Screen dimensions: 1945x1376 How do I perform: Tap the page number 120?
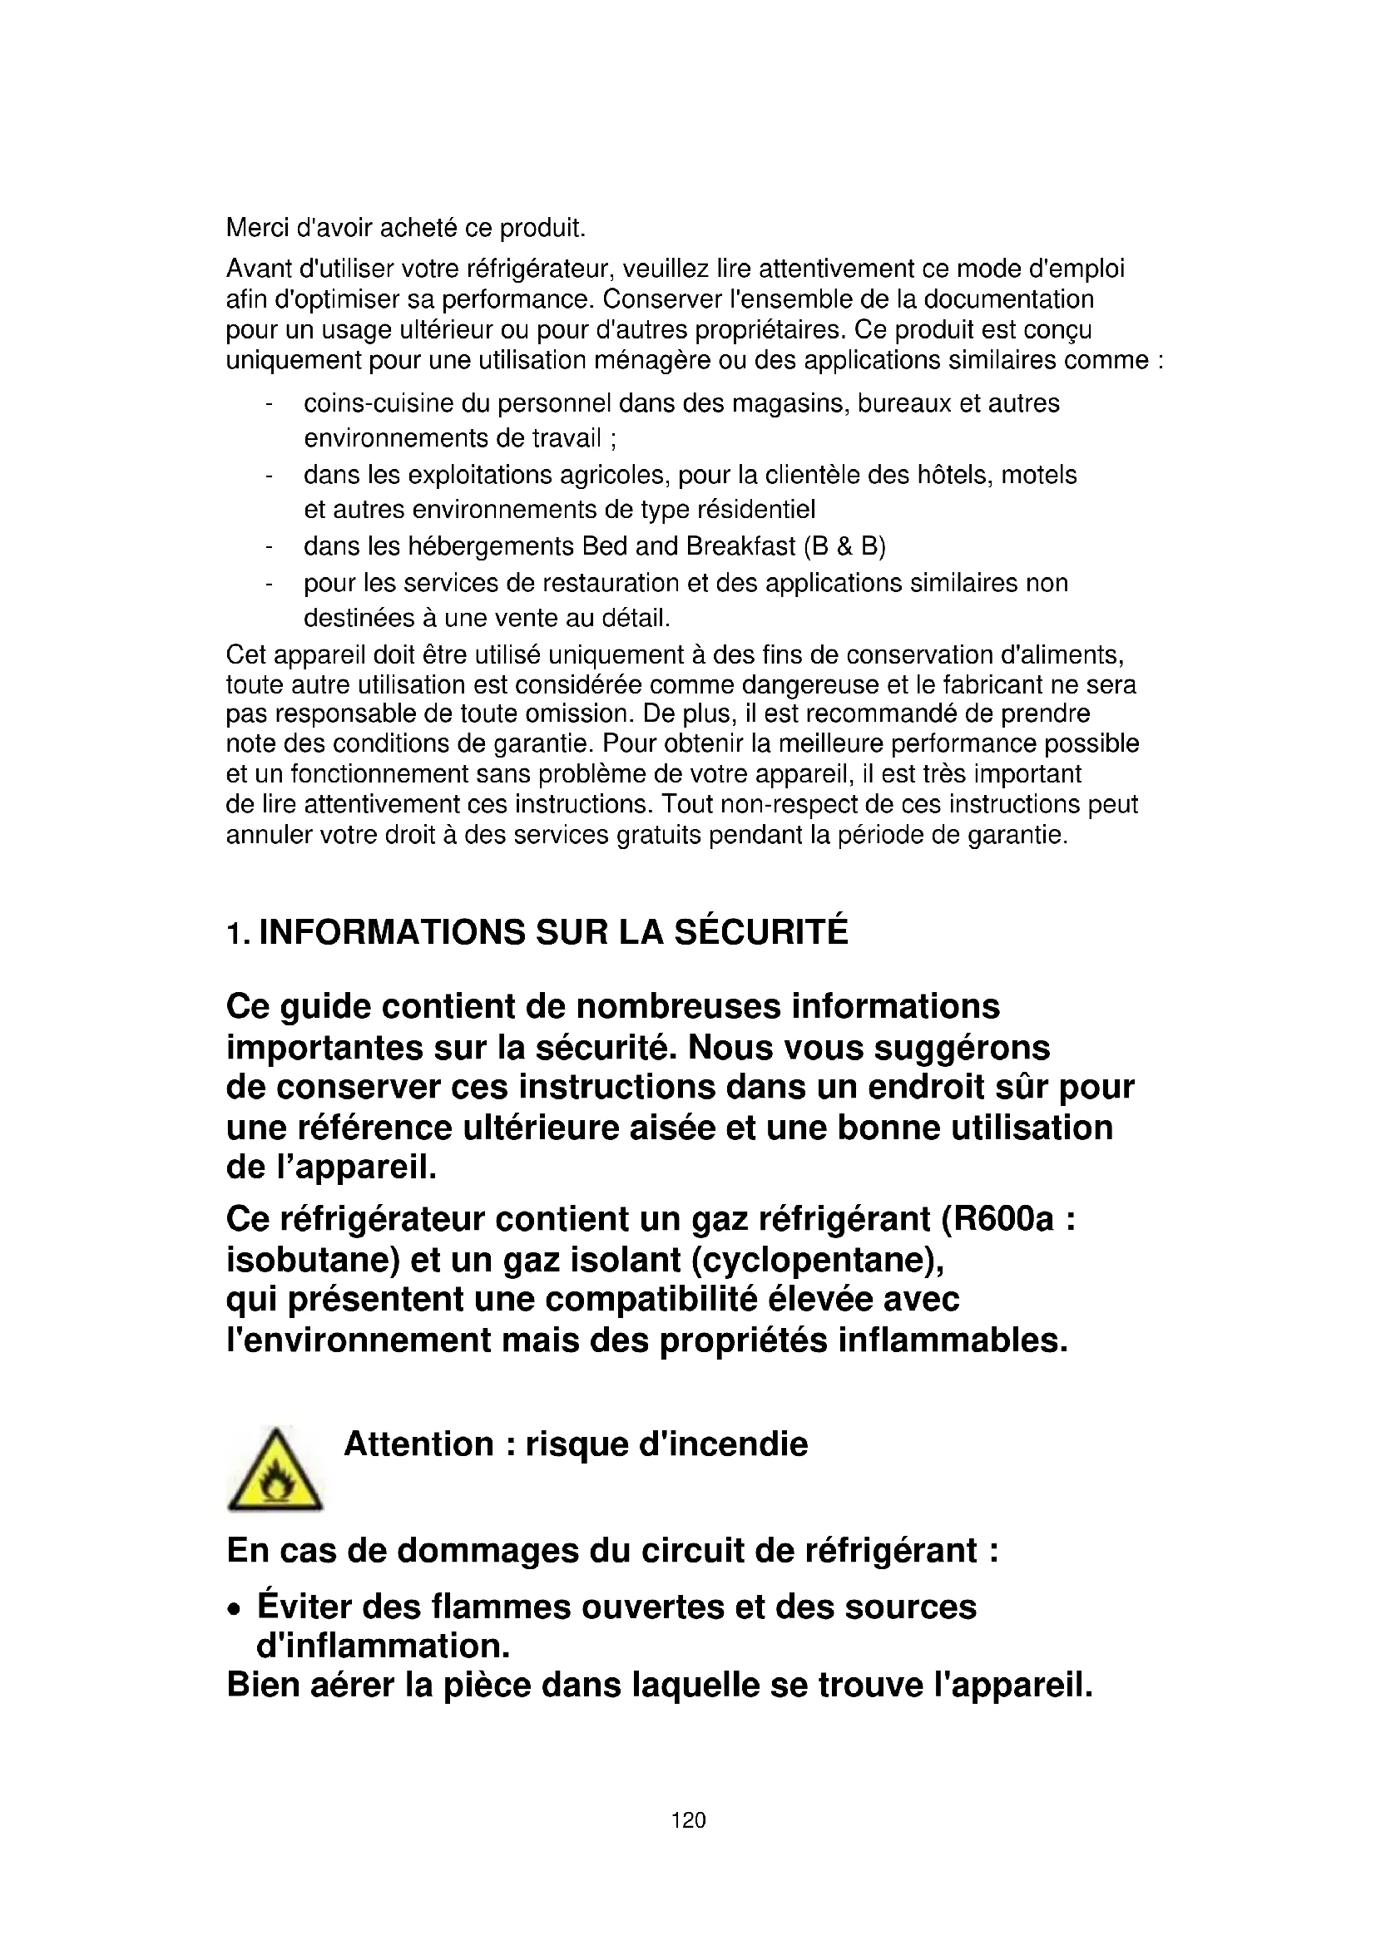pos(688,1819)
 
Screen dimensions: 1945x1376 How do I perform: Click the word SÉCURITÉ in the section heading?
pos(761,932)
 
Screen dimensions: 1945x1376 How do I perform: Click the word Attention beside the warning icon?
pos(418,1444)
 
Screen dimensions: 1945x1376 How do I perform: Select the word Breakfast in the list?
pos(740,546)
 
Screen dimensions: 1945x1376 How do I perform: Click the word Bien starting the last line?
pos(261,1685)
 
